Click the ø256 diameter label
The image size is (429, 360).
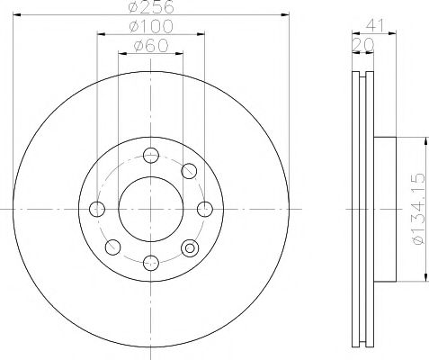pos(151,8)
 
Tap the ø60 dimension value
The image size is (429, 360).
pos(151,46)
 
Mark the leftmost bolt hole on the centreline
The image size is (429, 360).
pos(97,209)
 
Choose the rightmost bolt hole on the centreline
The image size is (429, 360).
pos(204,209)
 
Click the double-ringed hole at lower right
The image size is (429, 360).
pos(189,247)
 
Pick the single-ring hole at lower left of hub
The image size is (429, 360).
pos(113,247)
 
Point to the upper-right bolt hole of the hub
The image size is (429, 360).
pos(189,171)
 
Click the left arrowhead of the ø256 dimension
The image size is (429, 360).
pos(18,14)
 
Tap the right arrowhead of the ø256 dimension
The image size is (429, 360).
pos(284,14)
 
